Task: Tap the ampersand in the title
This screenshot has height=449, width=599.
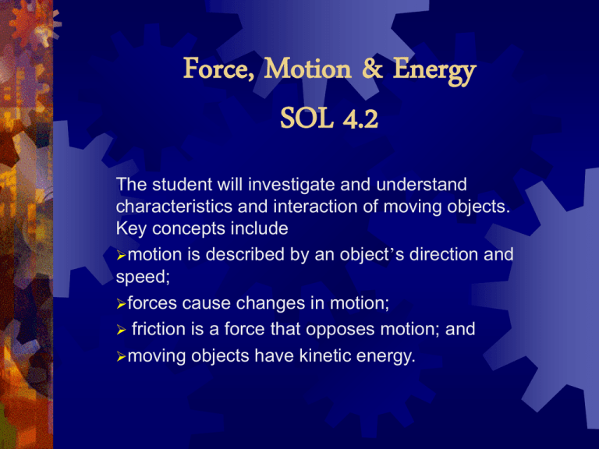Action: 372,68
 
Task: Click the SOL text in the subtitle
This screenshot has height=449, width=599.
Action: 307,118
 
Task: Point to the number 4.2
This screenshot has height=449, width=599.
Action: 360,119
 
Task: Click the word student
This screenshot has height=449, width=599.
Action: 182,185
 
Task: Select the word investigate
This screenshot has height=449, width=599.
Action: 291,186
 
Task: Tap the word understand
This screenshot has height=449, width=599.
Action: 421,185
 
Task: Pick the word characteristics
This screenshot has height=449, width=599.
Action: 174,207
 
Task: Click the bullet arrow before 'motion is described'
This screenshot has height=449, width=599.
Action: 121,256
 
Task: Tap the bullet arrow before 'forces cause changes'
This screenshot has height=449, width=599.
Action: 121,304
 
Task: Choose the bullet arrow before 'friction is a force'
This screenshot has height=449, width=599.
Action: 121,330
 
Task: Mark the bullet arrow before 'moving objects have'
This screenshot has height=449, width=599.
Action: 121,357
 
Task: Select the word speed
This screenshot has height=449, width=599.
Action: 143,278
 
